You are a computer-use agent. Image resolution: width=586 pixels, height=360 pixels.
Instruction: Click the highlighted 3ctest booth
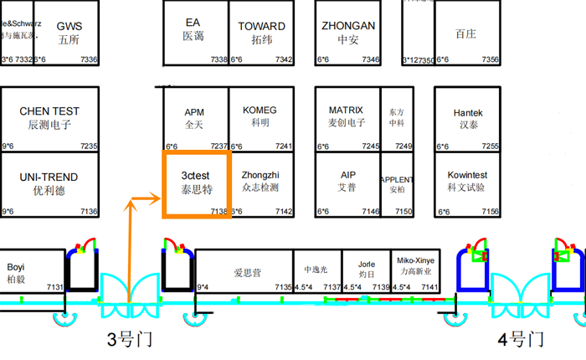tap(197, 184)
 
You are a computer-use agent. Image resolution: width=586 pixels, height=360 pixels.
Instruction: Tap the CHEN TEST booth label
tap(49, 111)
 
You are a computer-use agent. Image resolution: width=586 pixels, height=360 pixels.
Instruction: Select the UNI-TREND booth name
tap(49, 177)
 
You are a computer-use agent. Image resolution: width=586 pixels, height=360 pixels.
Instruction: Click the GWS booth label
tap(69, 27)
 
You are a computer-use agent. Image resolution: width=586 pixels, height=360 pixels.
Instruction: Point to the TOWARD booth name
tap(262, 27)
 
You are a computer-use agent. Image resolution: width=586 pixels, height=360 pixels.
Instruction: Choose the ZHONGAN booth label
tap(348, 26)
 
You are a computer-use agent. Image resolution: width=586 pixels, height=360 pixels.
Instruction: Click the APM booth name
tap(194, 112)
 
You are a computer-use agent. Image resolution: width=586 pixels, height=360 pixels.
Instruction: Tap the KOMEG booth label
tap(260, 111)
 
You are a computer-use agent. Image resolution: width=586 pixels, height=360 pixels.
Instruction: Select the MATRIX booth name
tap(346, 111)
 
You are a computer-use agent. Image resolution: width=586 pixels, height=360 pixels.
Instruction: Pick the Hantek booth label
tap(468, 113)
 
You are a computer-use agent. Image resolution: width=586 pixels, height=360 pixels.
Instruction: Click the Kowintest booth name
tap(468, 175)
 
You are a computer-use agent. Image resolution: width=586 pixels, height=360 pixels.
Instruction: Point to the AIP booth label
tap(348, 175)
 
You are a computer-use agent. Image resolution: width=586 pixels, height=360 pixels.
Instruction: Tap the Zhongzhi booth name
tap(260, 175)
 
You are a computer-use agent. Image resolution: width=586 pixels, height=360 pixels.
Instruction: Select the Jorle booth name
tap(367, 262)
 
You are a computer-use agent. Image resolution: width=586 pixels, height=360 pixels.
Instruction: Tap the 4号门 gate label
tap(521, 340)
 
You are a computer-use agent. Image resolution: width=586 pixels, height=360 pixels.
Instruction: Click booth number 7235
tap(89, 147)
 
